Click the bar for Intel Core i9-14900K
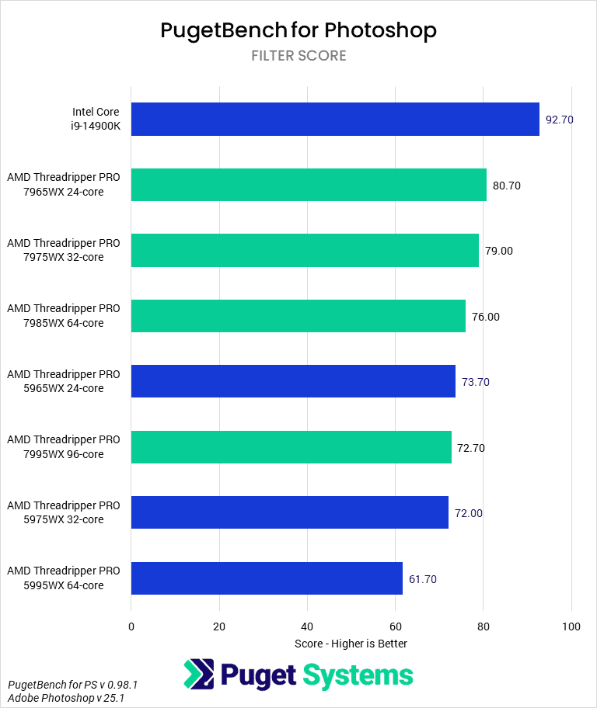pos(335,120)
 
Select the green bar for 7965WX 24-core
pos(309,185)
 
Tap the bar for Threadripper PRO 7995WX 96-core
pos(292,447)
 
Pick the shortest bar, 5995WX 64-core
pos(267,578)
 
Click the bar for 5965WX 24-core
pos(293,381)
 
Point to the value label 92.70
pos(559,120)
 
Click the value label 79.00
pos(499,251)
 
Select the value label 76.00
pos(486,317)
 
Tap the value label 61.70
pos(423,579)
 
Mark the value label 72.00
pos(468,513)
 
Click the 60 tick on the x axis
pos(396,626)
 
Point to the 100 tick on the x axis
pos(571,626)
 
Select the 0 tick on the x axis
pos(131,626)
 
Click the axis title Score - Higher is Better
pos(351,644)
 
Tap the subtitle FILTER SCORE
pos(298,56)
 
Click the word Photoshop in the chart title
pos(380,29)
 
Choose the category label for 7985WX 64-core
pos(64,316)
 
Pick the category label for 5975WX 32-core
pos(64,512)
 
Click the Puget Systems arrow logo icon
pos(198,675)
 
